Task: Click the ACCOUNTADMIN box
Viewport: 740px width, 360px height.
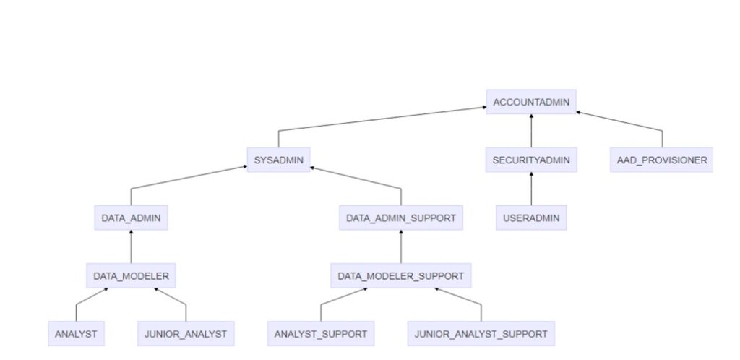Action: [531, 102]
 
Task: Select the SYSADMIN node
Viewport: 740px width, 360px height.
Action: [278, 159]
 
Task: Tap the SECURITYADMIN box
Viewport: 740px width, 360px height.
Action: [531, 160]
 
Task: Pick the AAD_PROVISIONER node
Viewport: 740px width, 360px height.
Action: [661, 160]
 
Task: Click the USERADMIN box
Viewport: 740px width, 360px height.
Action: [531, 218]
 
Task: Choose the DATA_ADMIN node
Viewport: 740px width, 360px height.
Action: [131, 218]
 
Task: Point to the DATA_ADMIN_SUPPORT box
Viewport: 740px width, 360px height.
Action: [401, 218]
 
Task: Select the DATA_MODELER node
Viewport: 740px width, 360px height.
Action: [131, 275]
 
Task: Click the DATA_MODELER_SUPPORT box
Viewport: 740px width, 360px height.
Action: [401, 275]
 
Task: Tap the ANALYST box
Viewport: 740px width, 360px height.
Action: [76, 334]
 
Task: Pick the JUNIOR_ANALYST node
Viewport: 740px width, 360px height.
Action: [186, 334]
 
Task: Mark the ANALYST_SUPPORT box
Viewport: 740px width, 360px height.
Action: [321, 334]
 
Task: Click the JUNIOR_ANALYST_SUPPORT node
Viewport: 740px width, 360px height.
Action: [481, 334]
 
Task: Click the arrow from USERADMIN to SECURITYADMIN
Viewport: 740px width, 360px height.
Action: [531, 189]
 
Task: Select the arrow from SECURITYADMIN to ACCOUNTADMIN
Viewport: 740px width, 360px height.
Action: [531, 131]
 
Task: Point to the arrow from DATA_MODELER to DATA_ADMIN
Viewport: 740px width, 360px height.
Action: [131, 247]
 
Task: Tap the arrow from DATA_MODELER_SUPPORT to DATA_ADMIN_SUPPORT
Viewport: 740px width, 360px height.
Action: [401, 247]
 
